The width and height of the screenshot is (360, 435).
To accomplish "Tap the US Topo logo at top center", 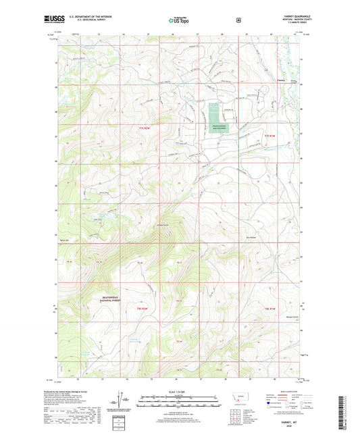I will tap(179, 21).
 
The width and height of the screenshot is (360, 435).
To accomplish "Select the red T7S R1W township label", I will tap(270, 137).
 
